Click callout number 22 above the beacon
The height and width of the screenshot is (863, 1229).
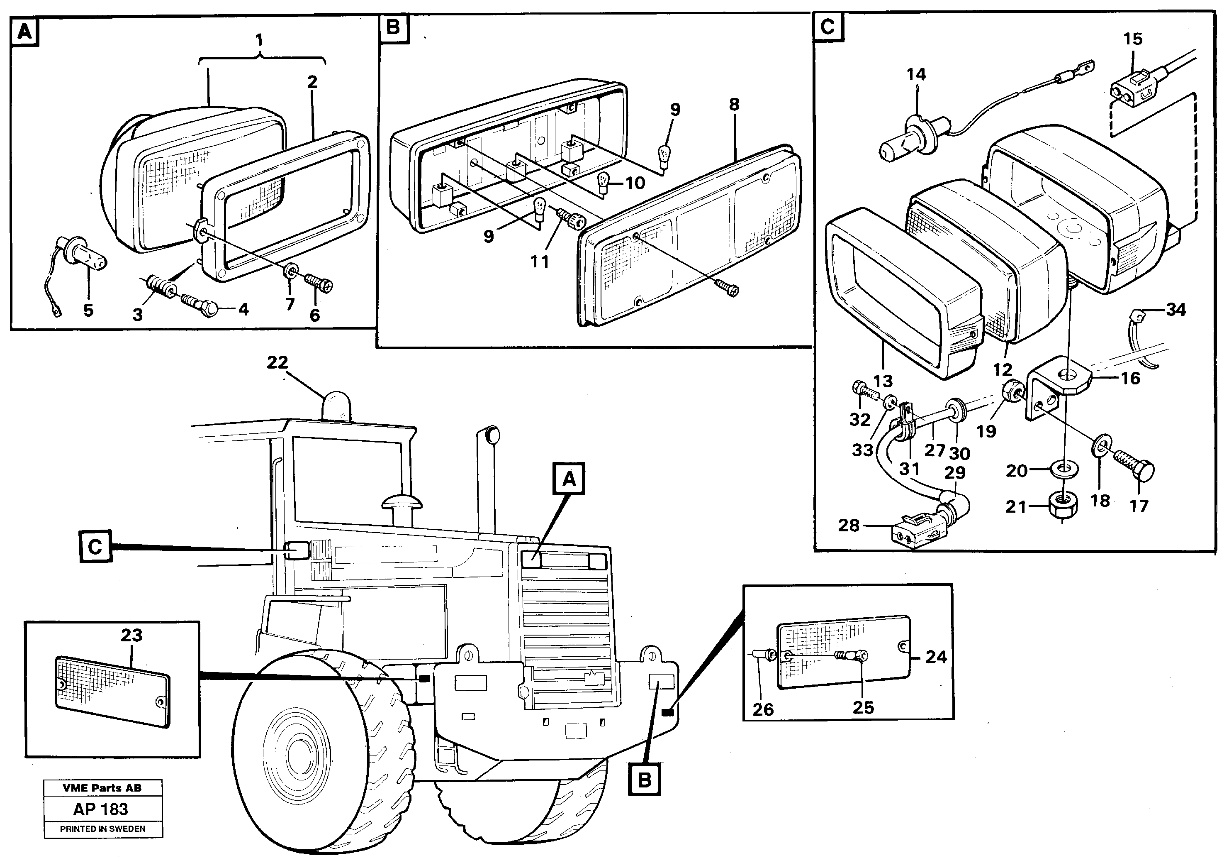point(277,363)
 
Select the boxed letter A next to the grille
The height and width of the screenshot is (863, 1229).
point(569,479)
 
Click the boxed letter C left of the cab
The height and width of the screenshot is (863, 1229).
point(95,547)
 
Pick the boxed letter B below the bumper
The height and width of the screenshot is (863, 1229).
point(645,780)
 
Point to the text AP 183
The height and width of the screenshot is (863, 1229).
point(101,809)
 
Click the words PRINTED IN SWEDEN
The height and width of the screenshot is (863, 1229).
point(103,829)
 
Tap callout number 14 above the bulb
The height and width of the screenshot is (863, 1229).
point(916,74)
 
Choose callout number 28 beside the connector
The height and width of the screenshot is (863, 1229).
point(848,526)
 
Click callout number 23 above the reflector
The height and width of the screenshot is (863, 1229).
point(131,636)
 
